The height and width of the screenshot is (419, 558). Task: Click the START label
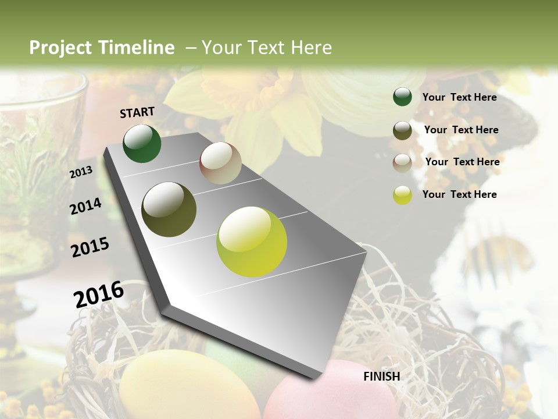coord(137,112)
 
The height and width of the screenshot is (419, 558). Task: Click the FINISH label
coord(382,377)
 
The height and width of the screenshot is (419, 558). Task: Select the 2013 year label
coord(81,172)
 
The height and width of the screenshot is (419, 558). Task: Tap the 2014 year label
coord(85,207)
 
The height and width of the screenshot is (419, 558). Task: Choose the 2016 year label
coord(99,294)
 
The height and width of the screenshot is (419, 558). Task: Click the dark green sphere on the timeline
coord(142,143)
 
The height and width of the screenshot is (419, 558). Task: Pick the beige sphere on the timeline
coord(220,163)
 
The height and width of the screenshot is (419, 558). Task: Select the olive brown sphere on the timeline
coord(169,210)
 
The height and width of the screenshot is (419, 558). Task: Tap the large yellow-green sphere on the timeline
coord(252,242)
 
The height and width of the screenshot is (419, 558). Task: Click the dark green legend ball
coord(402,97)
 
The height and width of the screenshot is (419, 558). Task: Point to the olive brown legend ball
coord(402,130)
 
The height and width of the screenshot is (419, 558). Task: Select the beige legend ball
coord(402,162)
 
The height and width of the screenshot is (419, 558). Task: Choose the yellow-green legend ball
coord(402,195)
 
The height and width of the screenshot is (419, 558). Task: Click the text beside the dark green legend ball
coord(459,97)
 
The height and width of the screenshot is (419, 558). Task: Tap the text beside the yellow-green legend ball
coord(459,194)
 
